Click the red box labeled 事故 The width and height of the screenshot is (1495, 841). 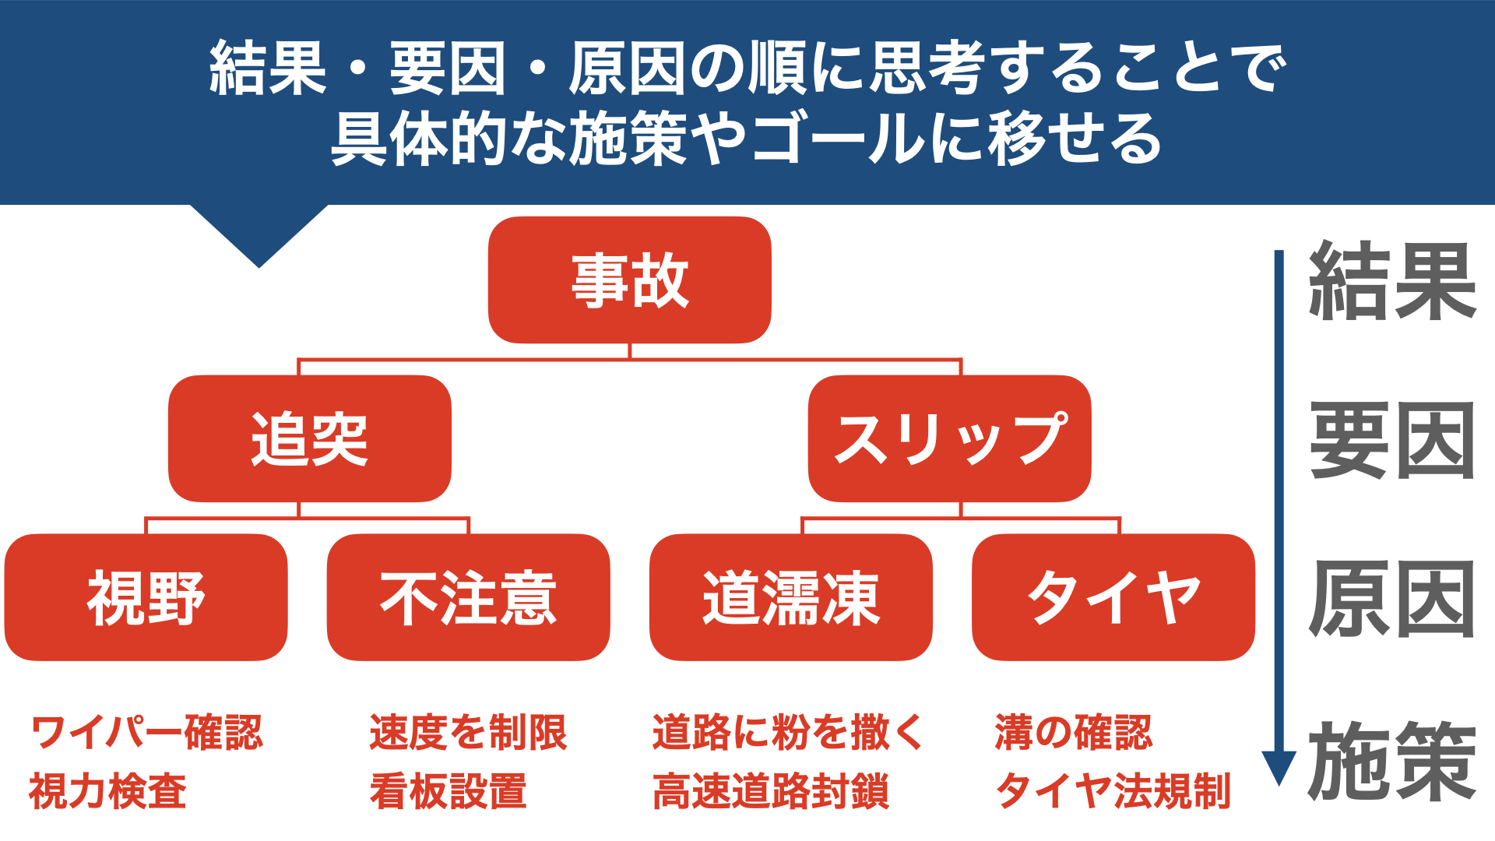pyautogui.click(x=629, y=280)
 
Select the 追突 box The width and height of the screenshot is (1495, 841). pyautogui.click(x=310, y=438)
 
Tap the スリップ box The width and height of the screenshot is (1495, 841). pyautogui.click(x=949, y=438)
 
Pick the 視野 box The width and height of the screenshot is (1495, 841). pyautogui.click(x=146, y=597)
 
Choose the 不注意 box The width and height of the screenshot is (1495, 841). pyautogui.click(x=469, y=597)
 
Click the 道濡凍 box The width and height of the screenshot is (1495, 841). pyautogui.click(x=791, y=597)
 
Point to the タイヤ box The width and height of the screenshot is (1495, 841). pyautogui.click(x=1113, y=597)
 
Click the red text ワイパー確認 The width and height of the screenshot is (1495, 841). pyautogui.click(x=147, y=732)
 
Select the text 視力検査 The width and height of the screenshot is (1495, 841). pyautogui.click(x=107, y=791)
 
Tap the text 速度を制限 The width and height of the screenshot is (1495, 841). pyautogui.click(x=469, y=732)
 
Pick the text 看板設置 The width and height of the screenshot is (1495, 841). pyautogui.click(x=448, y=791)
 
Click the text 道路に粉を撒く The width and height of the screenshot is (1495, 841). pyautogui.click(x=787, y=732)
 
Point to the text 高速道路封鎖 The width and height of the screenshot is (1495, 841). pyautogui.click(x=771, y=791)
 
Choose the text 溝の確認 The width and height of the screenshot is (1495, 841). pyautogui.click(x=1074, y=732)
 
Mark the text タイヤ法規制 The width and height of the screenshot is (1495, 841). pyautogui.click(x=1113, y=791)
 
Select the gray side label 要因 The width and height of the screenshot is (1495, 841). pyautogui.click(x=1392, y=441)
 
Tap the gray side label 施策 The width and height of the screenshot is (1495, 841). pyautogui.click(x=1392, y=761)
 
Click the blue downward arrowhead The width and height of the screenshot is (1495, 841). pyautogui.click(x=1279, y=768)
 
